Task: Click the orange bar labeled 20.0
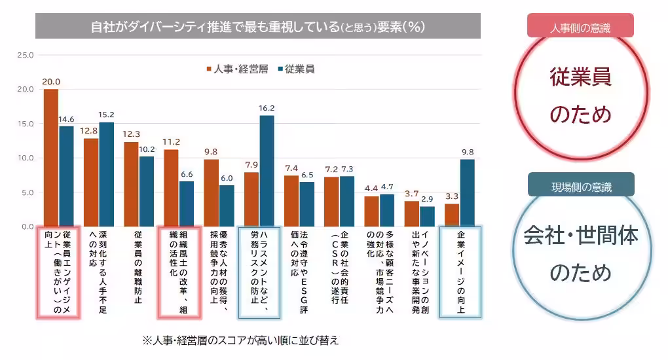[x=51, y=158]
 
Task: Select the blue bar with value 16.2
[x=267, y=171]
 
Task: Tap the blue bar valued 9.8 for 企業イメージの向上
[x=467, y=193]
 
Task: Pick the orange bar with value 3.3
[x=452, y=215]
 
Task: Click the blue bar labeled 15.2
[x=106, y=174]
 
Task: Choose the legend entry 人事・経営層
[x=237, y=69]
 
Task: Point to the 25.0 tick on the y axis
[x=25, y=55]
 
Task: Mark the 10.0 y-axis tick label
[x=25, y=158]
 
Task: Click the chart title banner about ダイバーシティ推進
[x=257, y=26]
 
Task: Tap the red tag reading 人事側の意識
[x=580, y=26]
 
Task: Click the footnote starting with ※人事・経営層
[x=240, y=341]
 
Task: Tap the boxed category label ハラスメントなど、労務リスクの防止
[x=259, y=272]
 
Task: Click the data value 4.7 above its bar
[x=387, y=187]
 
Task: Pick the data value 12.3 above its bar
[x=131, y=134]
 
